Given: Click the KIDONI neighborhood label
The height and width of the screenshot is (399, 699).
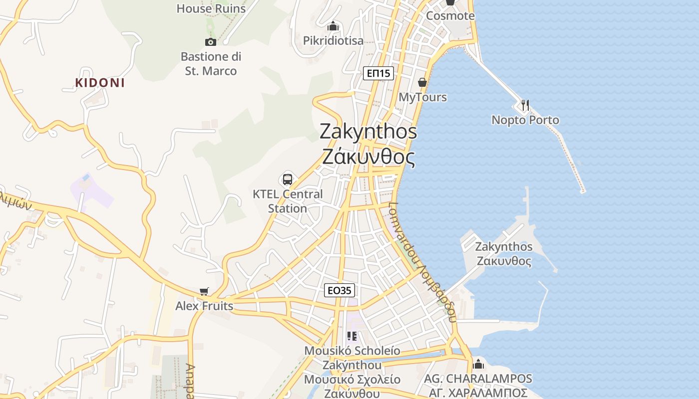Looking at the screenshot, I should (100, 83).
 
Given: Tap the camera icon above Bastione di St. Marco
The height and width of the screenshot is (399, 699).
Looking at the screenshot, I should (210, 42).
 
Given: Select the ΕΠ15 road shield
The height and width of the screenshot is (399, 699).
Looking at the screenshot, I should (378, 74).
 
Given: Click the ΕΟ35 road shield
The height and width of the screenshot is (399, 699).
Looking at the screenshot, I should (340, 290).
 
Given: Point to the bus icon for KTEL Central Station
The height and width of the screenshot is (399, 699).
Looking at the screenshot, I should (288, 179).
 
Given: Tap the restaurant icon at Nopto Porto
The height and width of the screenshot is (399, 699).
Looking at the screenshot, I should (524, 105).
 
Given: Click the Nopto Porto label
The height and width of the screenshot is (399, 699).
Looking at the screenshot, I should (525, 120).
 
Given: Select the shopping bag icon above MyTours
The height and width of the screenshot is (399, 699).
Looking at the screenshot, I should (422, 82).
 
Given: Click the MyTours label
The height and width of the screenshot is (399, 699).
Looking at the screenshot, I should (423, 97).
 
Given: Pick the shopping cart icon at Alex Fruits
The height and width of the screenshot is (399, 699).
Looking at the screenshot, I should (204, 291).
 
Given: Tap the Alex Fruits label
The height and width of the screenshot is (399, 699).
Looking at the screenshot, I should (204, 306).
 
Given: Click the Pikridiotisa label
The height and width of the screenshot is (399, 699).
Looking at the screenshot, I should (334, 40).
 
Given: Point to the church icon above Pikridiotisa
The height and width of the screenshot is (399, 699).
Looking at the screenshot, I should (333, 26).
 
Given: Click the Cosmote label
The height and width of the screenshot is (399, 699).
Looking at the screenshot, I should (450, 15).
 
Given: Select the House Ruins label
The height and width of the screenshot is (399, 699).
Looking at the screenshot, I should (211, 8).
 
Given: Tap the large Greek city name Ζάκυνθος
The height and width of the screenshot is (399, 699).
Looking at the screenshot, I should (368, 157).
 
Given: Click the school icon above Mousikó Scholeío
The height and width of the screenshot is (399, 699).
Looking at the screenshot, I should (352, 336).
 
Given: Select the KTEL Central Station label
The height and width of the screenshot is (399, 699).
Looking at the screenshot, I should (288, 201).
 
